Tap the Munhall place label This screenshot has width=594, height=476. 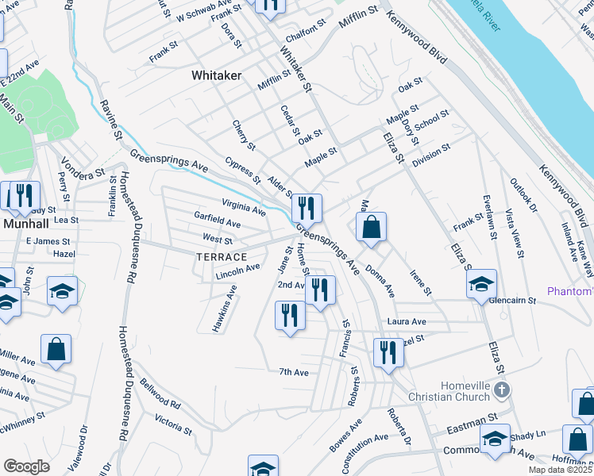coord(25,224)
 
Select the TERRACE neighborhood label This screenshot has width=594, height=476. coord(222,257)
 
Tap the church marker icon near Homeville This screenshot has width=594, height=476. coord(500,390)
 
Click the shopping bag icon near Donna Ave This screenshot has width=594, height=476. coord(371,228)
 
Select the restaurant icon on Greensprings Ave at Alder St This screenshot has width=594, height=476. coord(306,209)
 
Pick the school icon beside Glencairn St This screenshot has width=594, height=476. coord(481,284)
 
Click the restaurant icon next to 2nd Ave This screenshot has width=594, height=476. coord(320,290)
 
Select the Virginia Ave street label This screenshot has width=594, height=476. coord(243,208)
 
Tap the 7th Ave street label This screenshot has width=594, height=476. coord(293,372)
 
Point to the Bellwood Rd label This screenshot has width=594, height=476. coord(161,393)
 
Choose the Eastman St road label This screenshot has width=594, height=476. coord(471,416)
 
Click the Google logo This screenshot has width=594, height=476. coord(27,466)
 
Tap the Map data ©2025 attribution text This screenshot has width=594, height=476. coord(560,470)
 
